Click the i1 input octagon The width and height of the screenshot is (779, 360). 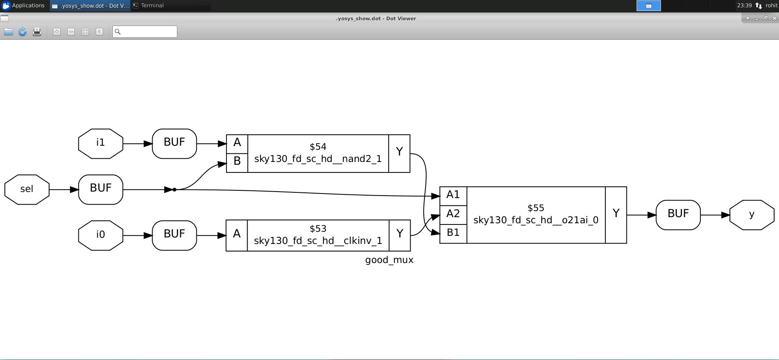tap(101, 144)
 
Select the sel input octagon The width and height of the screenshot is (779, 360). tap(27, 190)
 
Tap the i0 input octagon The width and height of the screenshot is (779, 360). tap(101, 235)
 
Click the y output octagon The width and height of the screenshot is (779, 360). tap(752, 215)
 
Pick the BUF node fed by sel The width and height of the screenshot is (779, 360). tap(101, 190)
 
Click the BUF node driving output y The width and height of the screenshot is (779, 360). tap(678, 215)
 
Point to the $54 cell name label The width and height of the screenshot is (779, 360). tap(318, 147)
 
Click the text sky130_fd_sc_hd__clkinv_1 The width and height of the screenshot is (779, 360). tap(318, 241)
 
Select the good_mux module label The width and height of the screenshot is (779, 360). tap(389, 260)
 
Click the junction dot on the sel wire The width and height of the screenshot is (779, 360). tap(174, 190)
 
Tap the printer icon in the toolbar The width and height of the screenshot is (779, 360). tap(37, 32)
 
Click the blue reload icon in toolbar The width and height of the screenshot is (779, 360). tap(23, 32)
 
